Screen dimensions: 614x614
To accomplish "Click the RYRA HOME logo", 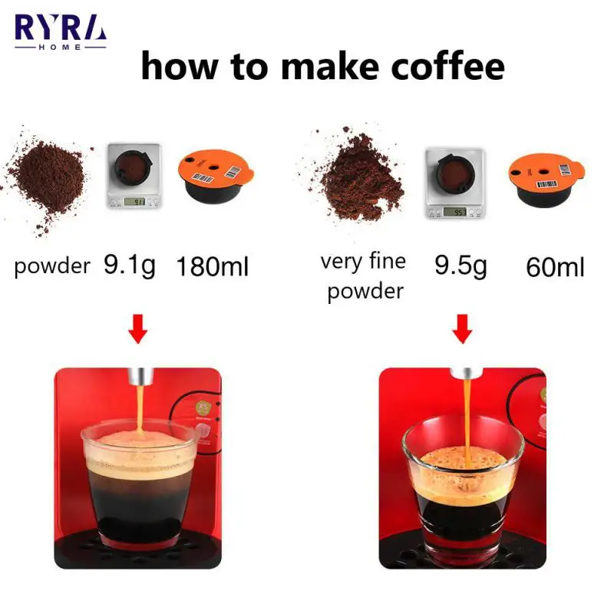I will [61, 31].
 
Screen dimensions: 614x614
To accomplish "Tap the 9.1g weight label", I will [129, 266].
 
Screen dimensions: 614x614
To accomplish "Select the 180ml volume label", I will [213, 267].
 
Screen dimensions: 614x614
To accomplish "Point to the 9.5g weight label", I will [461, 266].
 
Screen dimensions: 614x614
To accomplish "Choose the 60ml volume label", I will [555, 267].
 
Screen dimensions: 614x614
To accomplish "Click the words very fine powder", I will [364, 276].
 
